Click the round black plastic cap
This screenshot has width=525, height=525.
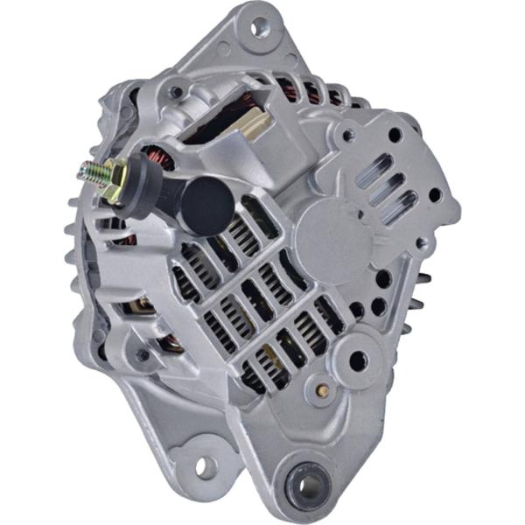[207, 207]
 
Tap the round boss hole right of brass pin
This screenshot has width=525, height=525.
[359, 360]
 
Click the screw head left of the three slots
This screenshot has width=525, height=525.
[347, 136]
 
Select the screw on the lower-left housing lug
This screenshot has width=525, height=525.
[143, 355]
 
